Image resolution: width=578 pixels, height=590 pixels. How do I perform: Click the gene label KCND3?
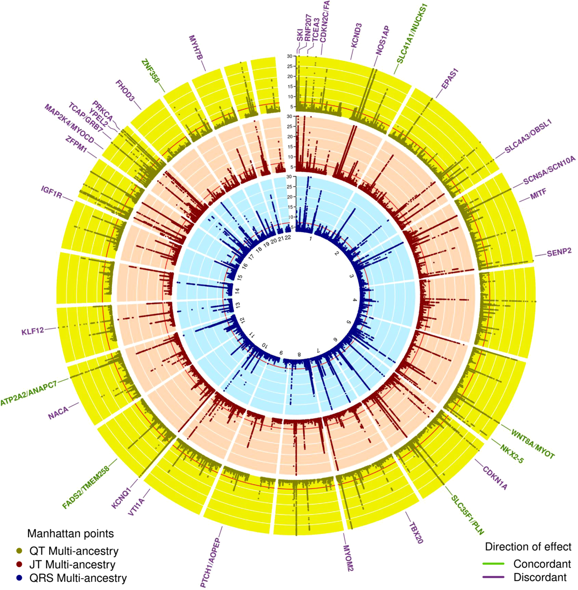coord(356,35)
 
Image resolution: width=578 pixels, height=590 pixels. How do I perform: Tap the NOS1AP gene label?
coord(383,40)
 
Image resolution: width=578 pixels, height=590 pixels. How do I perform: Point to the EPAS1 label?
coord(450,79)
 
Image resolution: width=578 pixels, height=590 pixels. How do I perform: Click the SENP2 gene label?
coord(559,252)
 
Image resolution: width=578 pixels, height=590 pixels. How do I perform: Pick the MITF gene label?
coord(538,194)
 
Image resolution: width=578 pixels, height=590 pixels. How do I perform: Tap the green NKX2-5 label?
coord(512,453)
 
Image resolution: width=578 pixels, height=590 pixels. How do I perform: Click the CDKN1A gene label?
coord(495,478)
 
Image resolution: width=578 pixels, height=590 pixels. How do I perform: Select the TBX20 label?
coord(416,533)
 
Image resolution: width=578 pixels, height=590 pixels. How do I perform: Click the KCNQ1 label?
coord(121,497)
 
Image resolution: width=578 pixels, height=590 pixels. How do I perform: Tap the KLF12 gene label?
coord(33,331)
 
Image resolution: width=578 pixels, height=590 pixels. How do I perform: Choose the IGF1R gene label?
coord(52,192)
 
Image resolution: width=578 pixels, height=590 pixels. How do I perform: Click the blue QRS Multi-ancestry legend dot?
coord(19,578)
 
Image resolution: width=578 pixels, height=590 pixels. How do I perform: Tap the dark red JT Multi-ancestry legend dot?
coord(19,565)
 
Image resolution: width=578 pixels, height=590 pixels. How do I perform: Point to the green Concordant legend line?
coord(493,564)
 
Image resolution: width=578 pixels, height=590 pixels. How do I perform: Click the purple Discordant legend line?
coord(493,577)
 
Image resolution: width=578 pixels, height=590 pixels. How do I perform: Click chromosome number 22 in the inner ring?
coord(287,238)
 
